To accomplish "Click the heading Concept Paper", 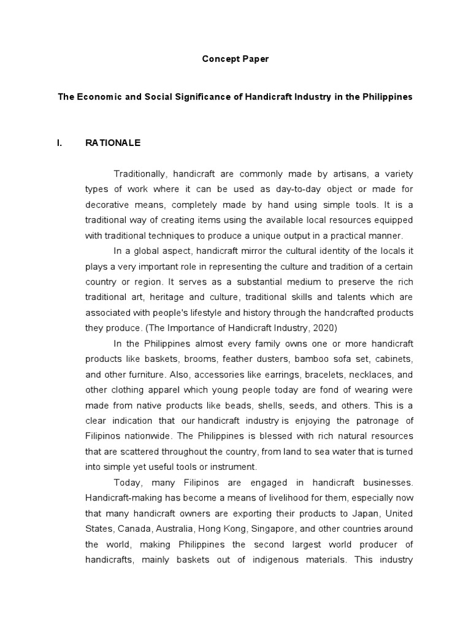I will pos(235,59).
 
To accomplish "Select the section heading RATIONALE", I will pos(113,143).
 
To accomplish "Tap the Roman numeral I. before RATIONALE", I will pos(59,143).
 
